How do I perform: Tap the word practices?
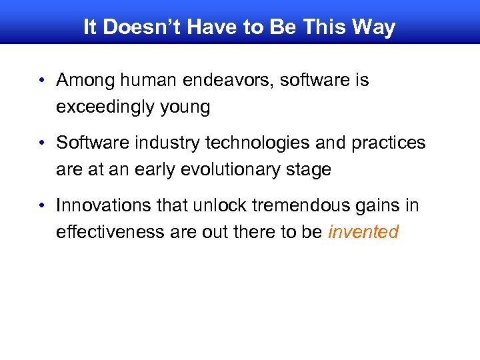pyautogui.click(x=389, y=143)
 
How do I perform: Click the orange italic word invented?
pyautogui.click(x=363, y=232)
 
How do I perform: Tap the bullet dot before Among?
pyautogui.click(x=41, y=81)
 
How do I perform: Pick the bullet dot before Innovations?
pyautogui.click(x=41, y=206)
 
